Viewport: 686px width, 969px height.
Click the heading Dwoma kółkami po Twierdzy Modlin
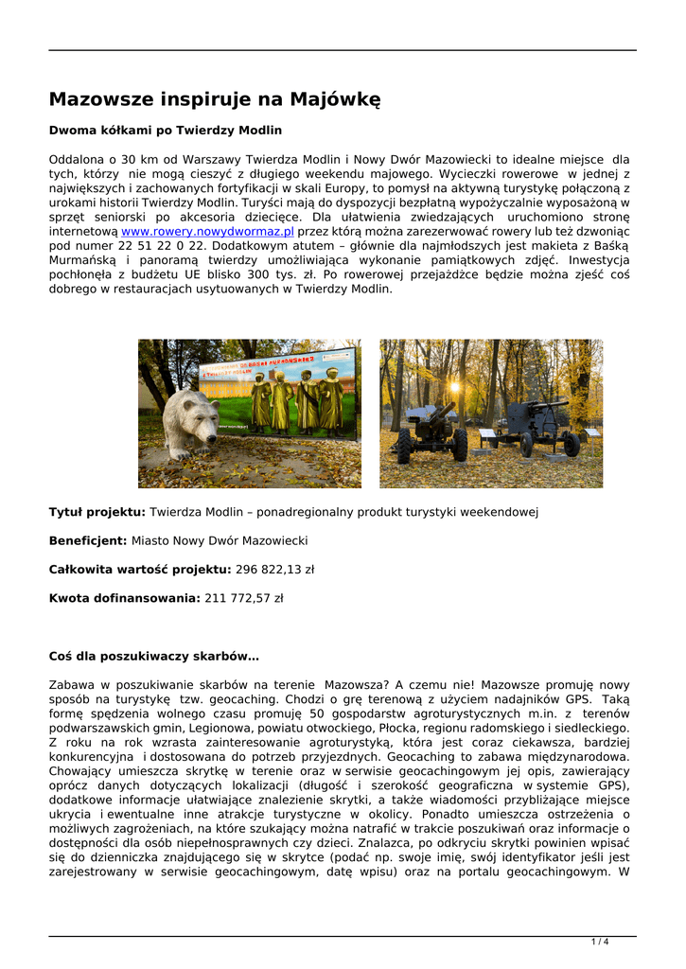pyautogui.click(x=166, y=130)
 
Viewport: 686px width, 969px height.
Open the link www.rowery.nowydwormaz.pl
pyautogui.click(x=207, y=230)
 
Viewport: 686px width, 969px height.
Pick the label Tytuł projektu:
pyautogui.click(x=97, y=512)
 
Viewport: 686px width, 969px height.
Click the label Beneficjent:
pyautogui.click(x=88, y=540)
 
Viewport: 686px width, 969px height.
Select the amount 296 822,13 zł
pyautogui.click(x=274, y=570)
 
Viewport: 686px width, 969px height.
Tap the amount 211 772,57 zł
pyautogui.click(x=243, y=598)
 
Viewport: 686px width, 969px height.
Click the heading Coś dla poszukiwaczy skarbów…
pyautogui.click(x=154, y=656)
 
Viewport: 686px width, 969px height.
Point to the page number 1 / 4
pyautogui.click(x=600, y=941)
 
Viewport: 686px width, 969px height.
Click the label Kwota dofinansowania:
pyautogui.click(x=124, y=598)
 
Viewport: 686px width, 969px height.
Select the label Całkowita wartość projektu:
pyautogui.click(x=140, y=570)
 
